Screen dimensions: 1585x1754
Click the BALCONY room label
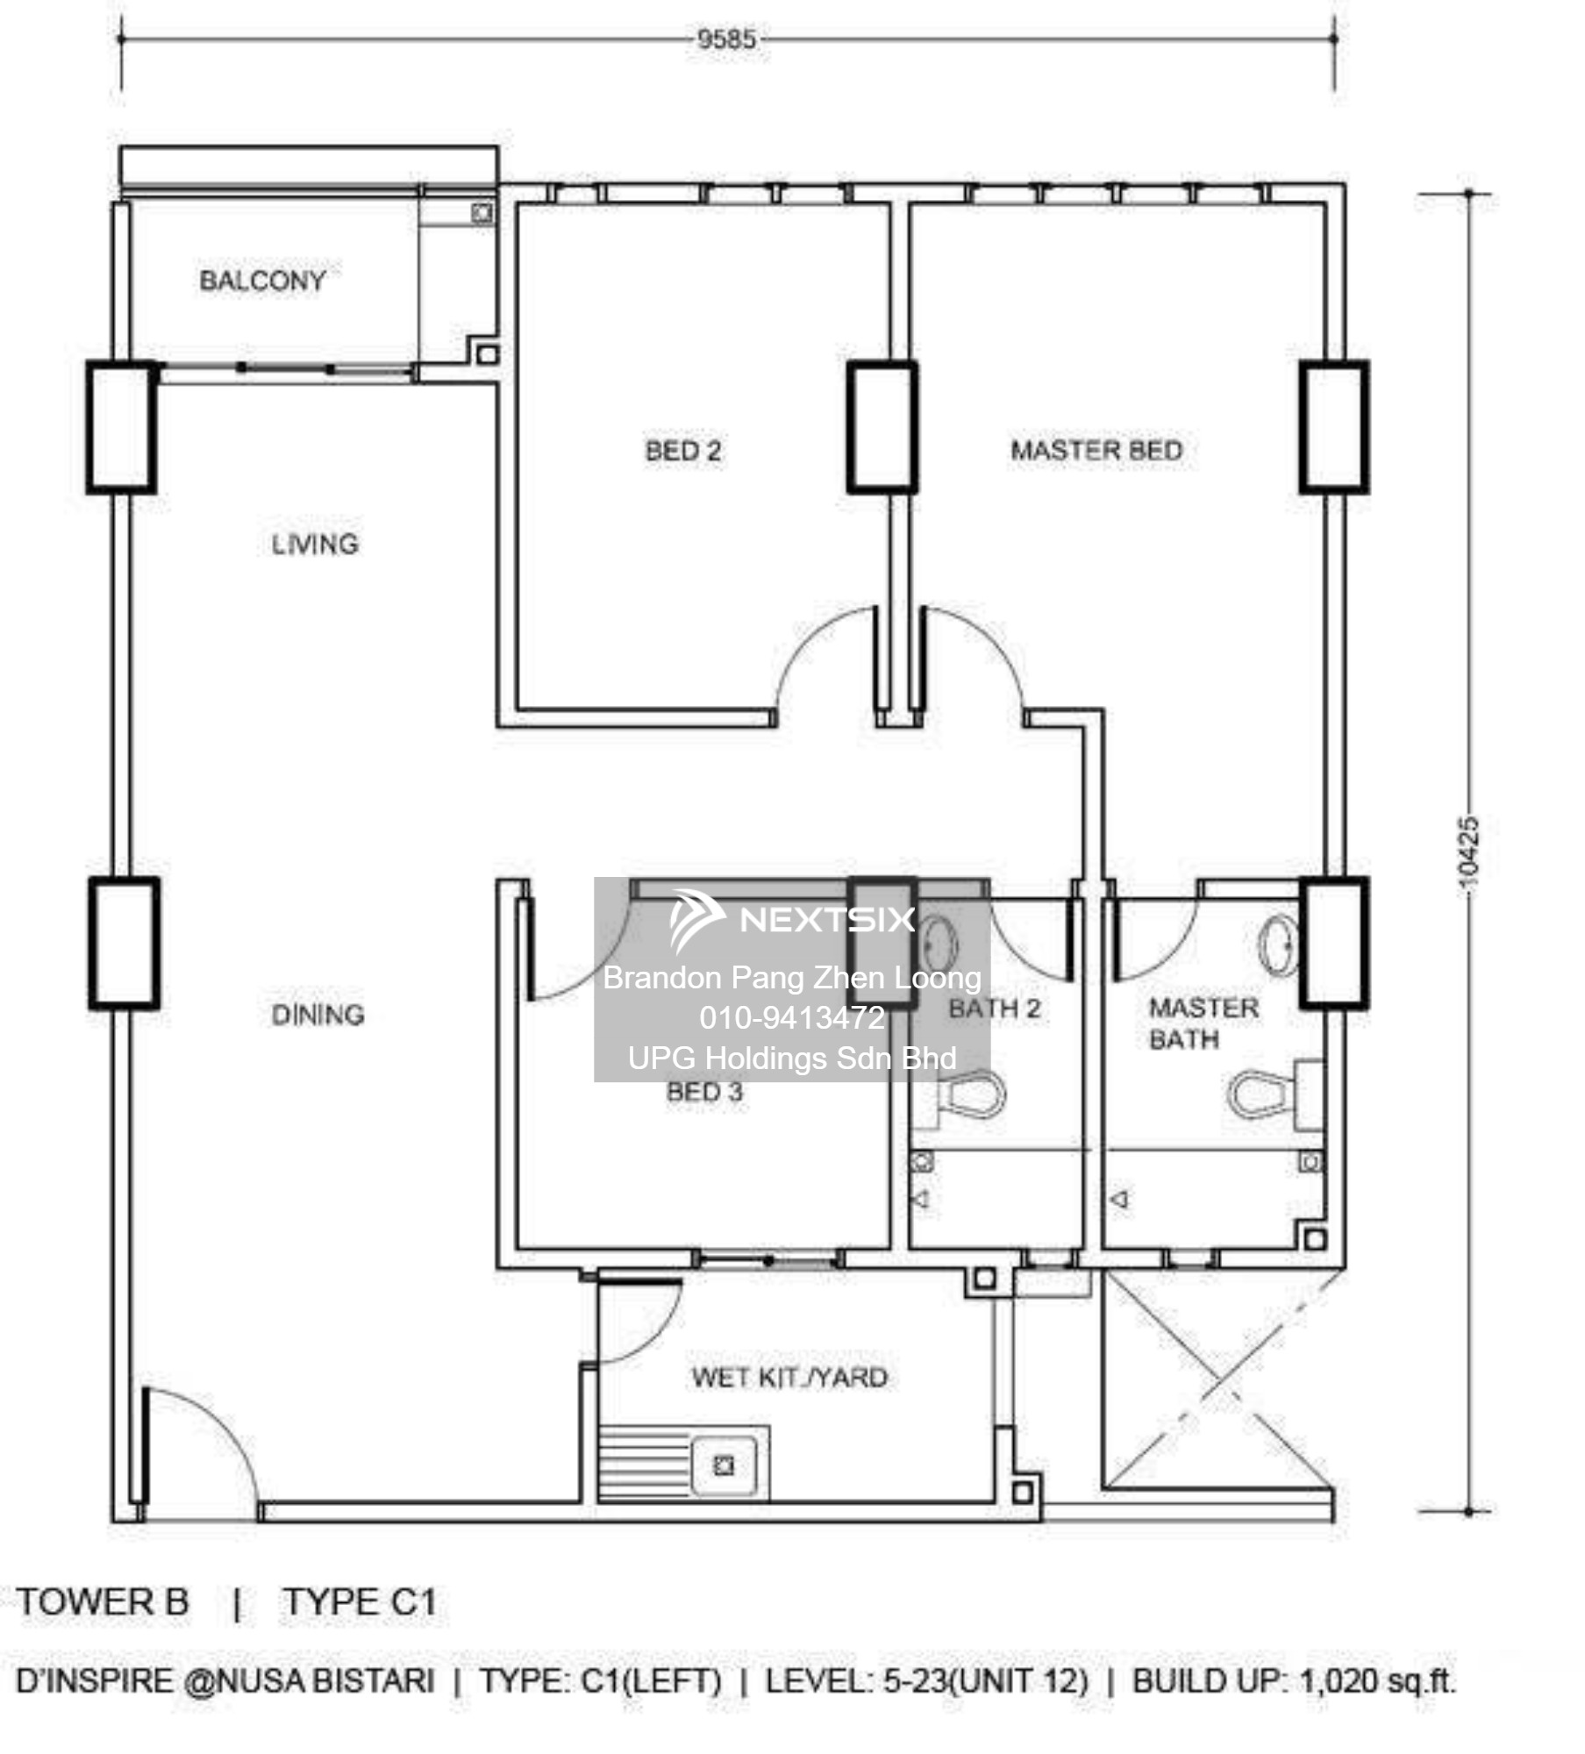262,281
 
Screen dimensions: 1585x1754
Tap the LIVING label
315,544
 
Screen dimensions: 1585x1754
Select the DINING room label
318,1015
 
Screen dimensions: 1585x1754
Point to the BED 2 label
683,451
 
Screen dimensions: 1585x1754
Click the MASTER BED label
1096,451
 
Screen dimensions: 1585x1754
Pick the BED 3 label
704,1092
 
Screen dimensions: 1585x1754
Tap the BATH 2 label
995,1009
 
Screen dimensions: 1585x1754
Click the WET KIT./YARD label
789,1377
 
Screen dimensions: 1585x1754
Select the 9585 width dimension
726,39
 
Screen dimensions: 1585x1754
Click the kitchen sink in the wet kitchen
724,1465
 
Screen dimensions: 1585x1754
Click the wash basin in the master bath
1278,945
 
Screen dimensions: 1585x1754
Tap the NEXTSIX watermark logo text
827,919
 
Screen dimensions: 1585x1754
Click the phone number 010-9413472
792,1017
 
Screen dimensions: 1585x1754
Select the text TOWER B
103,1602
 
